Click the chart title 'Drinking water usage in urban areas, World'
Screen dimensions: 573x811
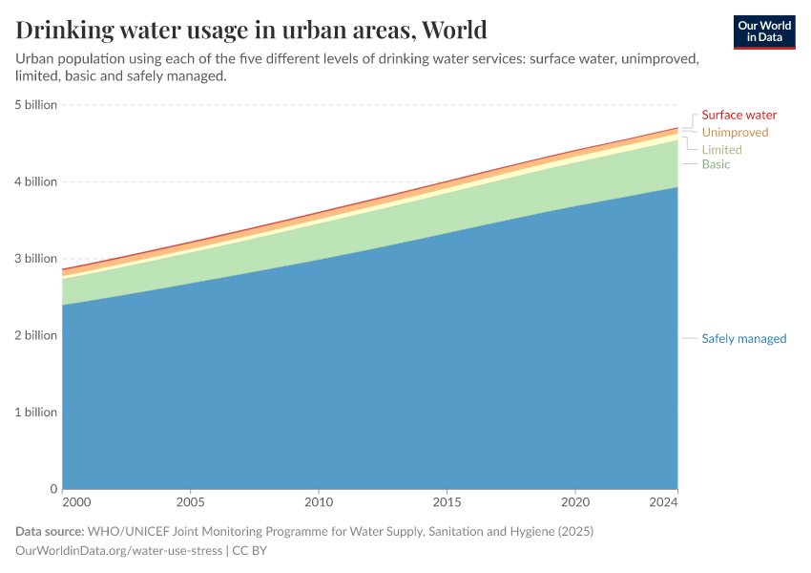(x=251, y=30)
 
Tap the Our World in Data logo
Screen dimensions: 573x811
(x=764, y=32)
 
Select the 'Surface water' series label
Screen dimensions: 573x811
(x=738, y=116)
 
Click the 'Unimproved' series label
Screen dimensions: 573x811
(x=735, y=133)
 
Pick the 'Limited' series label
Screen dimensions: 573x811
(x=721, y=150)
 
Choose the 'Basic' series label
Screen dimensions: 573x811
(x=716, y=164)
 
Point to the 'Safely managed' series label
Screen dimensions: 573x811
(x=743, y=338)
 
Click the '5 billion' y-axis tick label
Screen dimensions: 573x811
(x=34, y=105)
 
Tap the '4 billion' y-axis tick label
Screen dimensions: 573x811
(x=34, y=181)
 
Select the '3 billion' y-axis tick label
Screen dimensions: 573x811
(x=34, y=259)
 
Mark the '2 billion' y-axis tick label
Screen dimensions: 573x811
(x=34, y=335)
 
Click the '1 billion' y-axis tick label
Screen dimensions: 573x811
(x=34, y=413)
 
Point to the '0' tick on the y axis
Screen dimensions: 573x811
(x=53, y=489)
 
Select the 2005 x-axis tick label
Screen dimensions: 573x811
(x=191, y=501)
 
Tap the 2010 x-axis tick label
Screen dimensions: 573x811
(x=319, y=501)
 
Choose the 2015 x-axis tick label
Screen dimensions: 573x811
(x=447, y=501)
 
